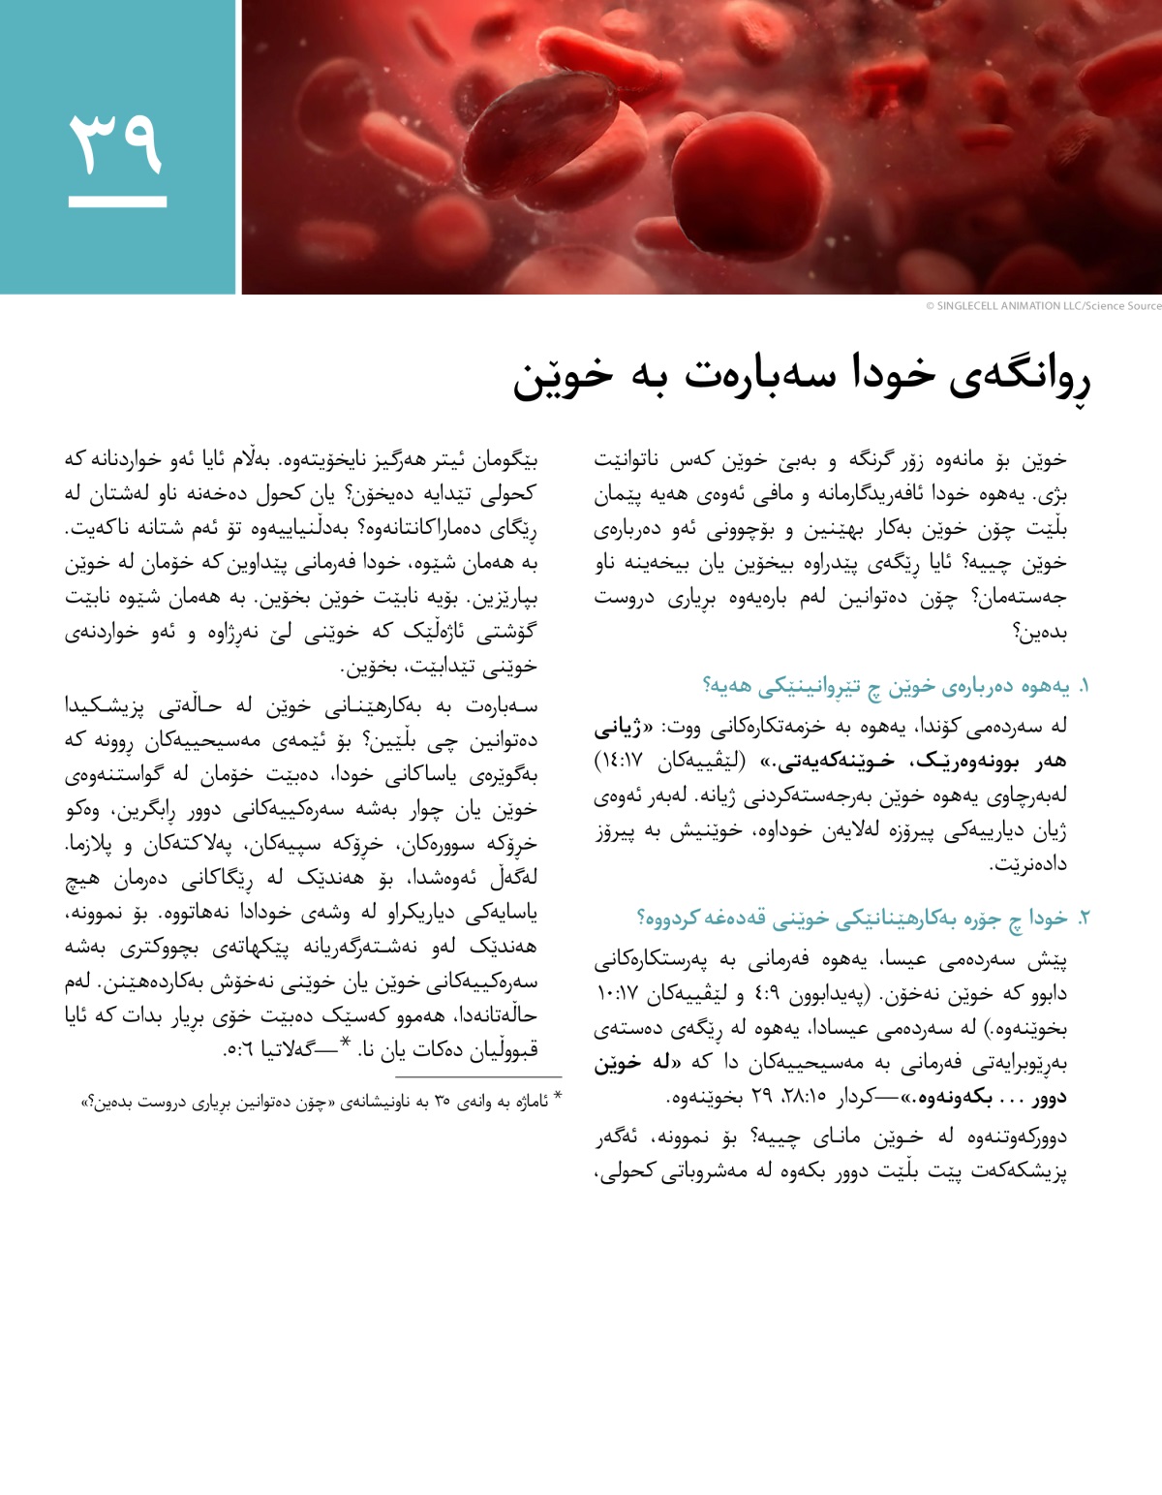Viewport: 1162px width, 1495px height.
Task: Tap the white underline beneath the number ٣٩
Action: (x=117, y=202)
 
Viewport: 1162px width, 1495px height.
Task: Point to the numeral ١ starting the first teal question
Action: (x=1084, y=687)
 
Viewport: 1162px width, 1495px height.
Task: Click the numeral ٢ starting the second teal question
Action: (x=1083, y=918)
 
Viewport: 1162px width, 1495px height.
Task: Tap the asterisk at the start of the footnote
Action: (x=556, y=1098)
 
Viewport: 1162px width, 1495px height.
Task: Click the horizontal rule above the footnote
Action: (x=478, y=1076)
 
